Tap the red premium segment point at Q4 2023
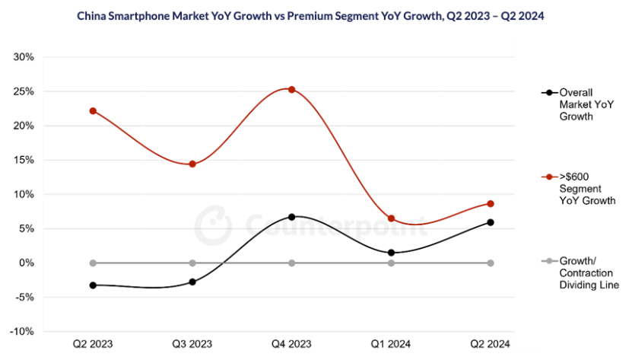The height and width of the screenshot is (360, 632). click(x=291, y=89)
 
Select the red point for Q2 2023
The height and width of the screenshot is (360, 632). click(x=93, y=111)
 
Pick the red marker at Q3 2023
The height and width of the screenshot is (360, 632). click(x=192, y=164)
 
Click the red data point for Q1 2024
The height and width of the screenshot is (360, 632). click(x=391, y=218)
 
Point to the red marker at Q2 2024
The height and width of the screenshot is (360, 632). click(x=491, y=204)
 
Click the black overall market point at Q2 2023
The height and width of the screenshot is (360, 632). click(x=93, y=285)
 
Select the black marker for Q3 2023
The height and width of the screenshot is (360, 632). click(x=192, y=282)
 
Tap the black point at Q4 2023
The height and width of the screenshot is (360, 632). click(x=291, y=217)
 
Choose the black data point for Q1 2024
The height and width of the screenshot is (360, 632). click(x=391, y=253)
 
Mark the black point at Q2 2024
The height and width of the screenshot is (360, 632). click(x=491, y=222)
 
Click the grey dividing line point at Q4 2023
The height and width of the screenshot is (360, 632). click(x=291, y=263)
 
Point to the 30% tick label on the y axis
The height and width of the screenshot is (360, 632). click(x=24, y=57)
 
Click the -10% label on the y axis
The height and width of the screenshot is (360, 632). click(x=22, y=332)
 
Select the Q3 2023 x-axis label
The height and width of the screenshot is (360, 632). click(x=192, y=344)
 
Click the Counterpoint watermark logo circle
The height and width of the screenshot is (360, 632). click(x=212, y=225)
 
